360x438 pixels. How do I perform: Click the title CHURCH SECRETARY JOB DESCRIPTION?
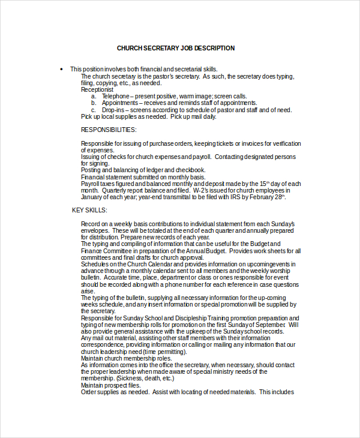[x=176, y=48]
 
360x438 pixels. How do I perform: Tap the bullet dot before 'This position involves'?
[x=61, y=69]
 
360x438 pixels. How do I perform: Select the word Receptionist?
[x=97, y=89]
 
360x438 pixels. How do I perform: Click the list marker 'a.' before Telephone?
[x=94, y=96]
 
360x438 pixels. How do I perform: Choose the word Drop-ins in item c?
[x=113, y=110]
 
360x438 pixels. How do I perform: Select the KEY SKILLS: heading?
[x=89, y=210]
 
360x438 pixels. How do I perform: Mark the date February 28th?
[x=264, y=197]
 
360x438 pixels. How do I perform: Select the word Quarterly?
[x=115, y=190]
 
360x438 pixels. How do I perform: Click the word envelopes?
[x=95, y=230]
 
